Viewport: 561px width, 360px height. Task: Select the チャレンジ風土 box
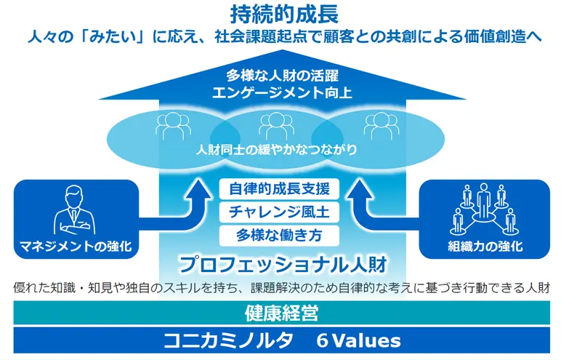coord(280,212)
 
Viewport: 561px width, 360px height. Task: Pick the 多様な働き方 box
coord(280,235)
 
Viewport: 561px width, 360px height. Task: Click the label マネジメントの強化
coord(76,247)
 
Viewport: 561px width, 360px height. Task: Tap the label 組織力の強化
coord(485,247)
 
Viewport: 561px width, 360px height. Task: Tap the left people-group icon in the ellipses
coord(172,125)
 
